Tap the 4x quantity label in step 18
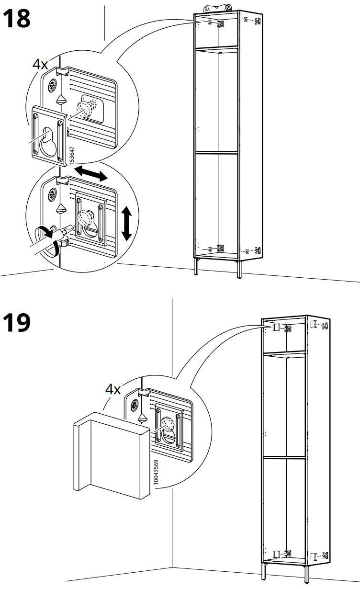click(40, 64)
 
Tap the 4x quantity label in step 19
click(113, 389)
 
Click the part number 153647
click(72, 156)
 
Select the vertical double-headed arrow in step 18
click(126, 223)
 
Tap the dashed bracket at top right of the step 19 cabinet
click(319, 325)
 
